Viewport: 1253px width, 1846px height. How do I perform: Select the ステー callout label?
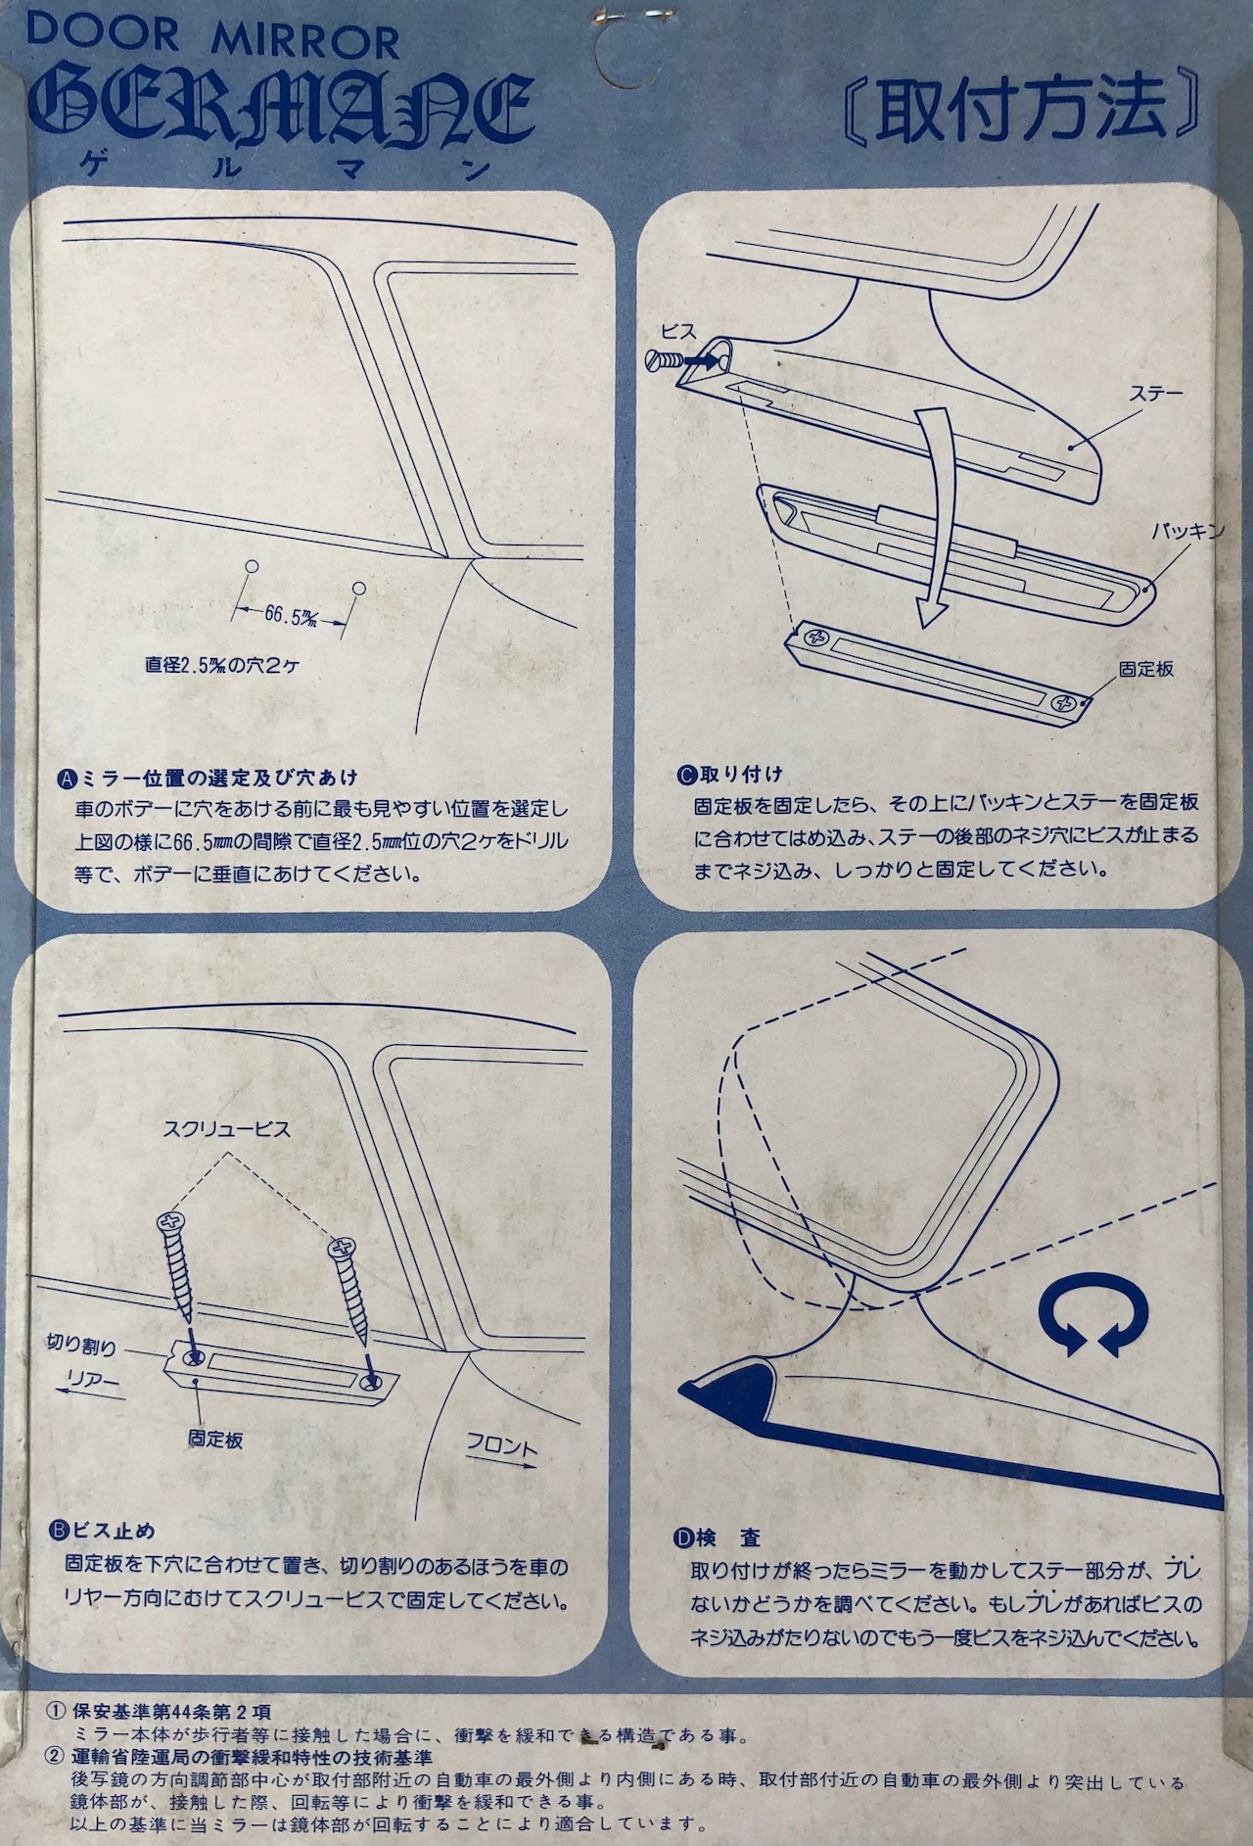pyautogui.click(x=1156, y=395)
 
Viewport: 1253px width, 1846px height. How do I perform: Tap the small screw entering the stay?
pyautogui.click(x=665, y=360)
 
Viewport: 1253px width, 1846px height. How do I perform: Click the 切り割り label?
pyautogui.click(x=81, y=1347)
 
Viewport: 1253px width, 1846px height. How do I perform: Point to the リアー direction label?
pyautogui.click(x=92, y=1381)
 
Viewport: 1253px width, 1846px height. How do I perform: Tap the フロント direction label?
pyautogui.click(x=501, y=1446)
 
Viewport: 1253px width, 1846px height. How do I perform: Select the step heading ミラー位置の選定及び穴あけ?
pyautogui.click(x=216, y=779)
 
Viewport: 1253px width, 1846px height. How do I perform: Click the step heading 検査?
pyautogui.click(x=735, y=1538)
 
